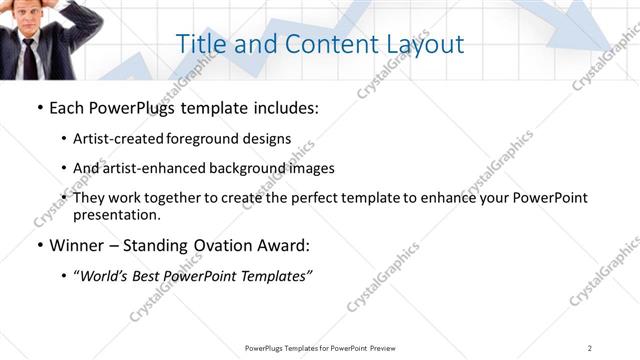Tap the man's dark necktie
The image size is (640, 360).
coord(30,56)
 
